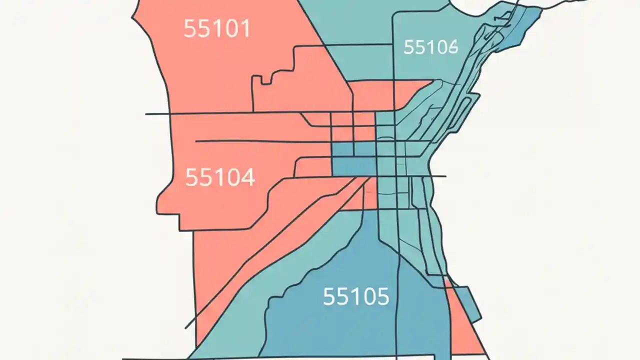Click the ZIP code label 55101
click(216, 29)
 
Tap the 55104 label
click(220, 177)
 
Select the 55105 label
click(355, 296)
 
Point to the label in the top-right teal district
click(430, 47)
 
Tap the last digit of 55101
click(244, 29)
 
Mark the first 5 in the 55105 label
click(329, 296)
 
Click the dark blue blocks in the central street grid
click(352, 159)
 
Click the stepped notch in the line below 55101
click(265, 80)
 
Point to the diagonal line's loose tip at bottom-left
click(186, 328)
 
